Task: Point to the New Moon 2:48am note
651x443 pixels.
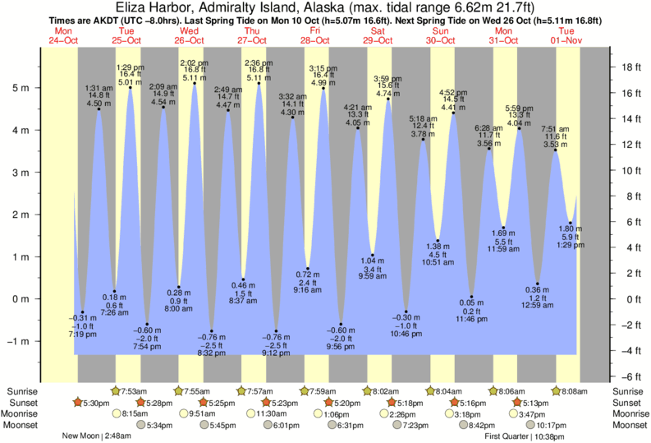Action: coord(95,436)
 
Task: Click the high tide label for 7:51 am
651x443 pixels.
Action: coord(555,137)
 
